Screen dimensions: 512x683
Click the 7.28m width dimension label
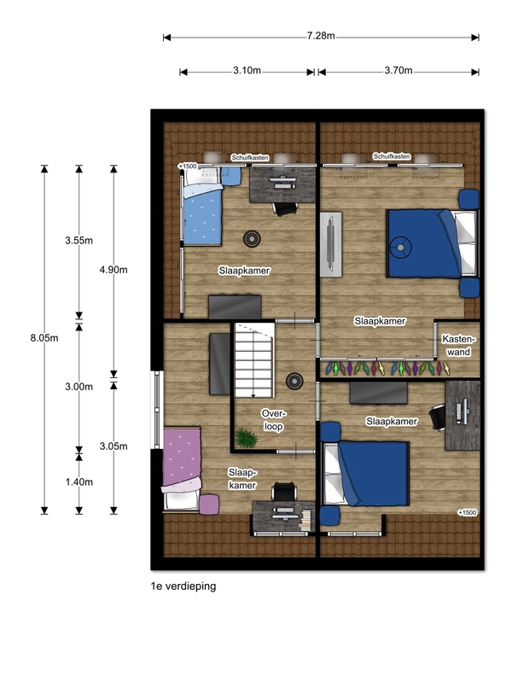coord(321,36)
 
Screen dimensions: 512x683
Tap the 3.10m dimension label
coord(247,70)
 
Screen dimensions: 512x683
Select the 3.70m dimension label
coord(399,70)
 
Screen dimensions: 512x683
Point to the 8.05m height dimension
coord(44,338)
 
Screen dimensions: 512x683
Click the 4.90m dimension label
coord(113,270)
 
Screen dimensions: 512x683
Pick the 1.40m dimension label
coord(79,482)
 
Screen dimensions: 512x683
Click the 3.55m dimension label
coord(79,240)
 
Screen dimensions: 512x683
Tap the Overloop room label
coord(273,420)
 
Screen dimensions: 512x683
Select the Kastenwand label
coord(458,346)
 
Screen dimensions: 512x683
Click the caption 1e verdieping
coord(183,586)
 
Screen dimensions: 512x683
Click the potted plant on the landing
coord(247,438)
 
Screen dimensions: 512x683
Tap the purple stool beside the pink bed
coord(209,505)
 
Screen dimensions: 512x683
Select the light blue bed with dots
coord(202,207)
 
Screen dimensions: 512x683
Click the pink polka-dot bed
coord(182,468)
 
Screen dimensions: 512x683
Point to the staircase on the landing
coord(254,359)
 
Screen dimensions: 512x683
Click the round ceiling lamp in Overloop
coord(294,381)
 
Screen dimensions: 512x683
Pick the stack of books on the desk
coord(306,520)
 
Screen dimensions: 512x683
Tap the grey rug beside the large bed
coord(331,244)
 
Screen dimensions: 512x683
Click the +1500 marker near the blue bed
coord(187,166)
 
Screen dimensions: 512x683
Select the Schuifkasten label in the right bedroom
coord(392,156)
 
